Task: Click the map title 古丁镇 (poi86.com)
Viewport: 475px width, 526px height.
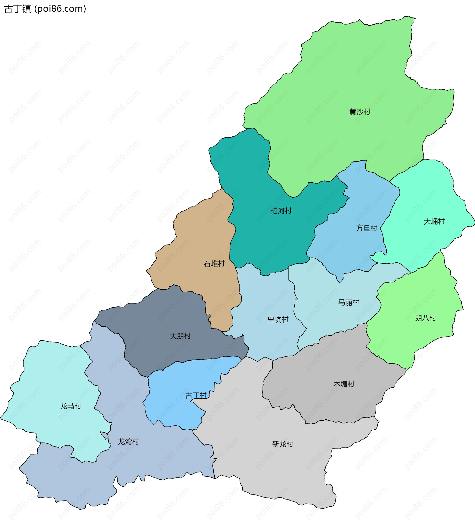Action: pyautogui.click(x=45, y=9)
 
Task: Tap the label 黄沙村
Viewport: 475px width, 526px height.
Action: pyautogui.click(x=359, y=112)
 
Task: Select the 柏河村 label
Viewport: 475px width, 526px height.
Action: pyautogui.click(x=281, y=211)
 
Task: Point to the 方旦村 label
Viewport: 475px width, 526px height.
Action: pyautogui.click(x=367, y=228)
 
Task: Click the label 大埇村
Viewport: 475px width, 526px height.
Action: pyautogui.click(x=434, y=221)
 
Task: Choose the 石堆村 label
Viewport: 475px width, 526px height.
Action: pyautogui.click(x=214, y=264)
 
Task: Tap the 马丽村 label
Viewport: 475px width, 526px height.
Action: pyautogui.click(x=349, y=303)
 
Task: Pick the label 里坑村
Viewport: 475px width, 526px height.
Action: pyautogui.click(x=278, y=319)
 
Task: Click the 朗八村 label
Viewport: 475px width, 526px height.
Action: pyautogui.click(x=426, y=318)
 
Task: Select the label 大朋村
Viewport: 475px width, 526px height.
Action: pyautogui.click(x=180, y=336)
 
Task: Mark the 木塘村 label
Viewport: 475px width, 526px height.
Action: pyautogui.click(x=344, y=384)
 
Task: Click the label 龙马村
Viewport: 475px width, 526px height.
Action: pyautogui.click(x=71, y=406)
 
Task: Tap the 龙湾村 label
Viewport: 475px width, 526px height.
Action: pyautogui.click(x=128, y=442)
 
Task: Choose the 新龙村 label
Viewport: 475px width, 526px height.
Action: pyautogui.click(x=283, y=444)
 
